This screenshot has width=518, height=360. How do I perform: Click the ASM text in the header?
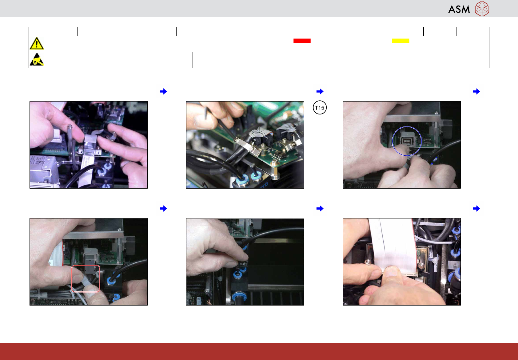pyautogui.click(x=459, y=10)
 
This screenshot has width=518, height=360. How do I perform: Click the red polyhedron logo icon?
pyautogui.click(x=482, y=9)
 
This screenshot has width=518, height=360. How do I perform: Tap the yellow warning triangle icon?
pyautogui.click(x=37, y=43)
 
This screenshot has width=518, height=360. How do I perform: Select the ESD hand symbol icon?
pyautogui.click(x=37, y=59)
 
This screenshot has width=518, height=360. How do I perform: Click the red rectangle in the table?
pyautogui.click(x=302, y=41)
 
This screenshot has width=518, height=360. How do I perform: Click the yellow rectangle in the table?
pyautogui.click(x=400, y=41)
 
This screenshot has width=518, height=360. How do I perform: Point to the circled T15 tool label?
pyautogui.click(x=320, y=108)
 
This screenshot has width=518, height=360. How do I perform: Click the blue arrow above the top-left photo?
pyautogui.click(x=163, y=91)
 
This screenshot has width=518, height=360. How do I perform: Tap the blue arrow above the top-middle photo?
pyautogui.click(x=320, y=91)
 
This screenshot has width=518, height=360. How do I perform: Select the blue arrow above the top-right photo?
pyautogui.click(x=476, y=91)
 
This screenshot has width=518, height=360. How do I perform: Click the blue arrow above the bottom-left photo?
pyautogui.click(x=163, y=208)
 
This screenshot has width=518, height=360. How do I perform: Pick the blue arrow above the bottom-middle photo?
pyautogui.click(x=320, y=208)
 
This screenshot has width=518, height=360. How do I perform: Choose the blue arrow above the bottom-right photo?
pyautogui.click(x=476, y=208)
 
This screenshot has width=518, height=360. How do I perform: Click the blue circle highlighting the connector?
pyautogui.click(x=393, y=141)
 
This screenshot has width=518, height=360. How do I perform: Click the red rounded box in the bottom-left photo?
pyautogui.click(x=72, y=278)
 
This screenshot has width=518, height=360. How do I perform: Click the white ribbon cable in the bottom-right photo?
pyautogui.click(x=393, y=245)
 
